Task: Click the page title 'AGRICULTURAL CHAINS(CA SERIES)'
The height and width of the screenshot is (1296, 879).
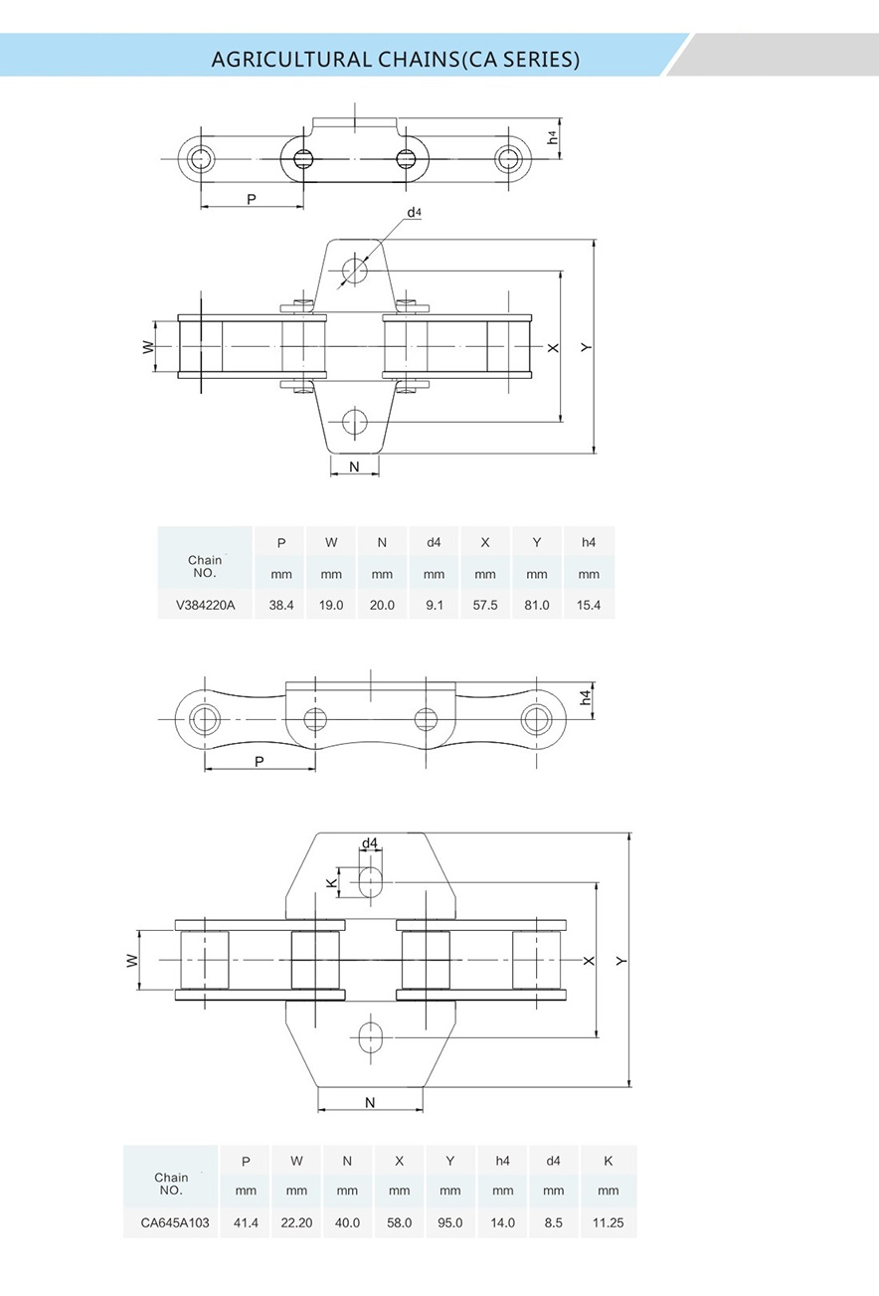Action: pyautogui.click(x=395, y=59)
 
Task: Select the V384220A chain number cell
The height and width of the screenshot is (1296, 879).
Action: pyautogui.click(x=204, y=605)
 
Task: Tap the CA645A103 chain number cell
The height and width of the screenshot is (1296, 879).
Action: pyautogui.click(x=171, y=1222)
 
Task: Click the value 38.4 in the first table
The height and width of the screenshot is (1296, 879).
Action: pyautogui.click(x=281, y=605)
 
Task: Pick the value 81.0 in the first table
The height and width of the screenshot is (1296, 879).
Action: pyautogui.click(x=537, y=605)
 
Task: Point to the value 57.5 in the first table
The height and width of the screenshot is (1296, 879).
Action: pyautogui.click(x=485, y=605)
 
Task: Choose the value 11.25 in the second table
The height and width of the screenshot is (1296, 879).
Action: pyautogui.click(x=608, y=1222)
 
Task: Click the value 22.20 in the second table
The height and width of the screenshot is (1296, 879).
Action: pyautogui.click(x=296, y=1222)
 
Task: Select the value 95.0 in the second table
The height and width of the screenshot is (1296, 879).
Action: pyautogui.click(x=450, y=1222)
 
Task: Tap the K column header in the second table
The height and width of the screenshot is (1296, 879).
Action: pyautogui.click(x=608, y=1160)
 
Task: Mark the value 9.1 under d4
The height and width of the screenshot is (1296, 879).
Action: pyautogui.click(x=434, y=605)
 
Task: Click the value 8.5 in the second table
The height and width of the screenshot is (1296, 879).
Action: pyautogui.click(x=554, y=1222)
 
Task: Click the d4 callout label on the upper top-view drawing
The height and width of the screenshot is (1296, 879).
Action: pyautogui.click(x=414, y=213)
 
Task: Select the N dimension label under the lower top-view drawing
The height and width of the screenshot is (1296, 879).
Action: pyautogui.click(x=370, y=1102)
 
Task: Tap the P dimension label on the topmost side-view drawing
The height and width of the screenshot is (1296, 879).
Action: pyautogui.click(x=252, y=199)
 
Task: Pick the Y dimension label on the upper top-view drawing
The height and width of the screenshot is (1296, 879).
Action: pyautogui.click(x=587, y=347)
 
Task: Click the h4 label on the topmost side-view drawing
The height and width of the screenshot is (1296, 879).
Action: pyautogui.click(x=553, y=139)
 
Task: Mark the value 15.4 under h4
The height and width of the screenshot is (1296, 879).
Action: pyautogui.click(x=589, y=605)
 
